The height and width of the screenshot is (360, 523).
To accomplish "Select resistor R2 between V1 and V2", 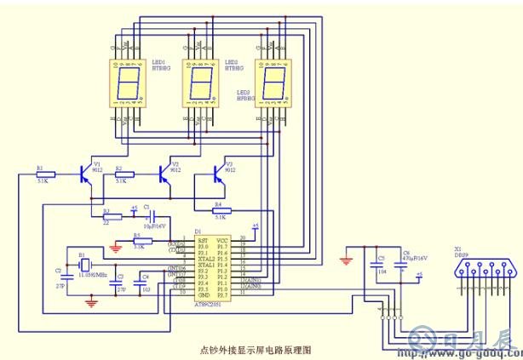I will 124,174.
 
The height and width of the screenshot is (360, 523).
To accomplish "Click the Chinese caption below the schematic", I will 256,349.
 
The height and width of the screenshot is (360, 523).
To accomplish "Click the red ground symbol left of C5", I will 346,260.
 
